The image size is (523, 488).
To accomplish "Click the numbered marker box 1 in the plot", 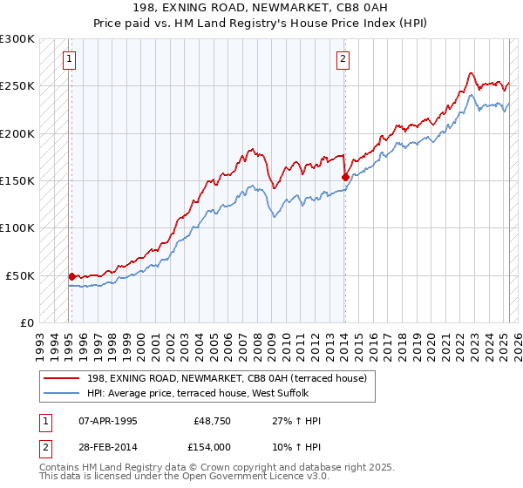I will point(69,59).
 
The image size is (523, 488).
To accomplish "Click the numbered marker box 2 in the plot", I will point(343,59).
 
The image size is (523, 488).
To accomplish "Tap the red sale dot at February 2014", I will point(345,177).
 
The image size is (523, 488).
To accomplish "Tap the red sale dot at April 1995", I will point(71,276).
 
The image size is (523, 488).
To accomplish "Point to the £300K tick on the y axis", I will point(17,39).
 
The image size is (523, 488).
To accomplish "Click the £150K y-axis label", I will point(17,181).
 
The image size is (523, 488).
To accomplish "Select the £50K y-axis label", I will point(20,275).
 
